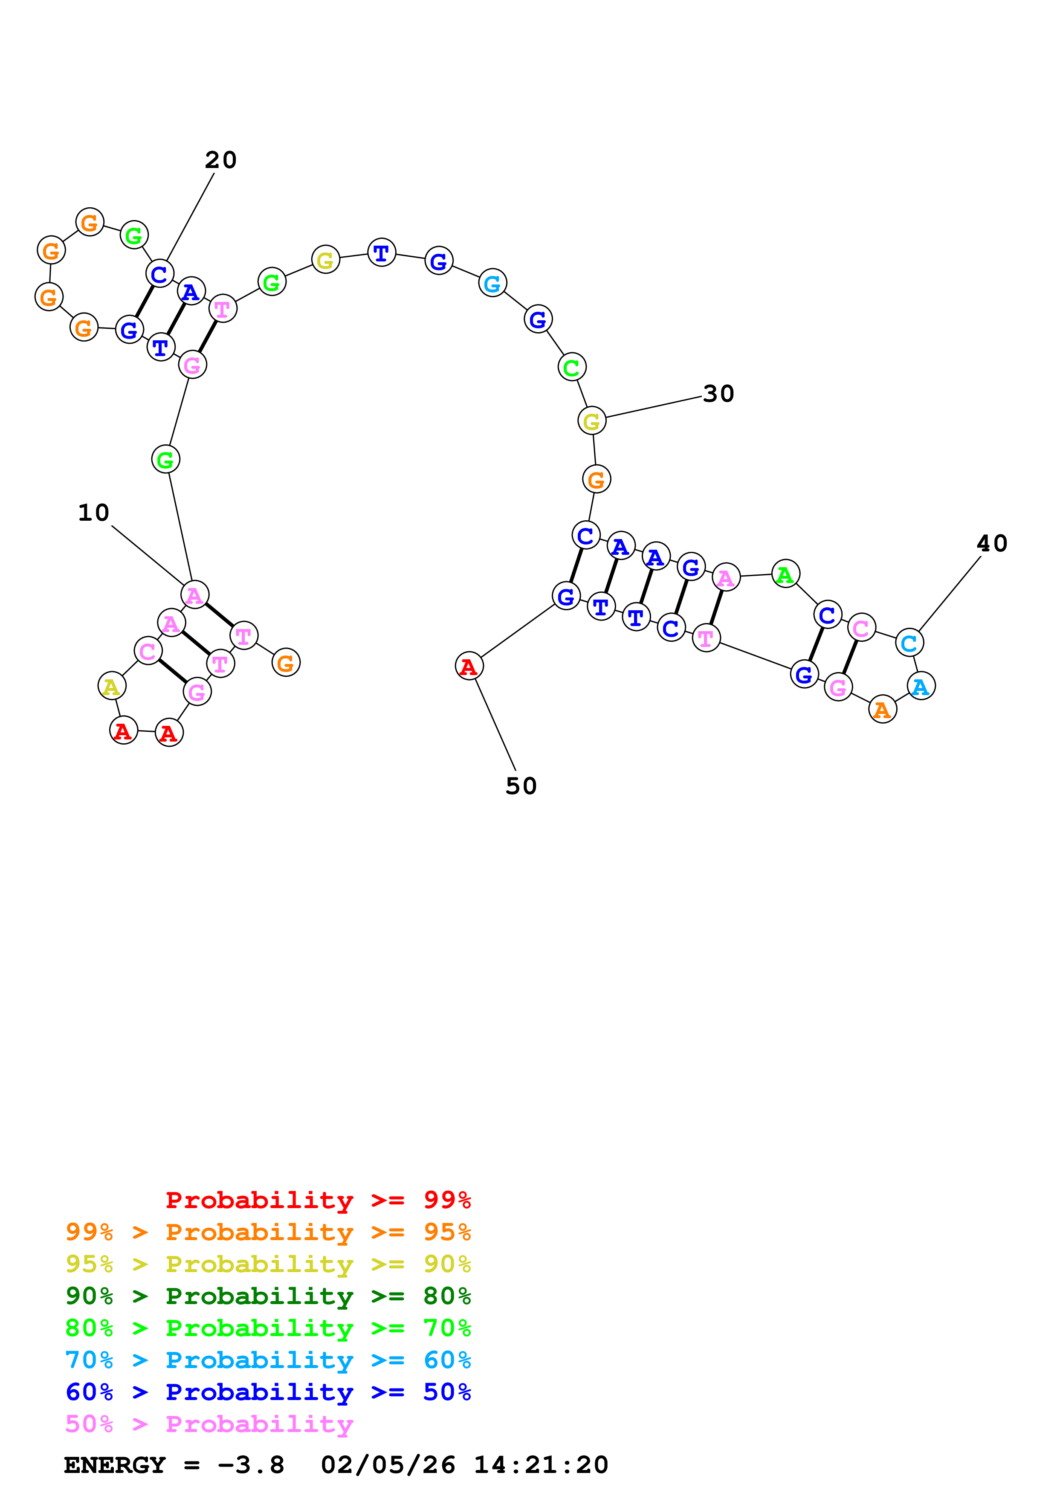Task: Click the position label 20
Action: (221, 159)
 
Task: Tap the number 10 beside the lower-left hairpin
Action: (94, 512)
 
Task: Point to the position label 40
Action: (992, 543)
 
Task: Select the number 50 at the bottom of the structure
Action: (521, 786)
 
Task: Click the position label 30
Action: (719, 394)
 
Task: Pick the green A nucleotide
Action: (785, 574)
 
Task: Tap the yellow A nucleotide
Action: (111, 686)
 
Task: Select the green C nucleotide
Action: (572, 368)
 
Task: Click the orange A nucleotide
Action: (883, 710)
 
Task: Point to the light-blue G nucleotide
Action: (492, 283)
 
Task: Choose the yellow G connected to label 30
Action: (591, 421)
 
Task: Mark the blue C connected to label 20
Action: (159, 274)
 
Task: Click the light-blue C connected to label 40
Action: (909, 642)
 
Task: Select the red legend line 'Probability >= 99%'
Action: (318, 1200)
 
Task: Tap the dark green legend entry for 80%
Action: (268, 1296)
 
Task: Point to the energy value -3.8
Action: (251, 1465)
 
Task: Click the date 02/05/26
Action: (388, 1465)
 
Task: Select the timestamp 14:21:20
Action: (541, 1465)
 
